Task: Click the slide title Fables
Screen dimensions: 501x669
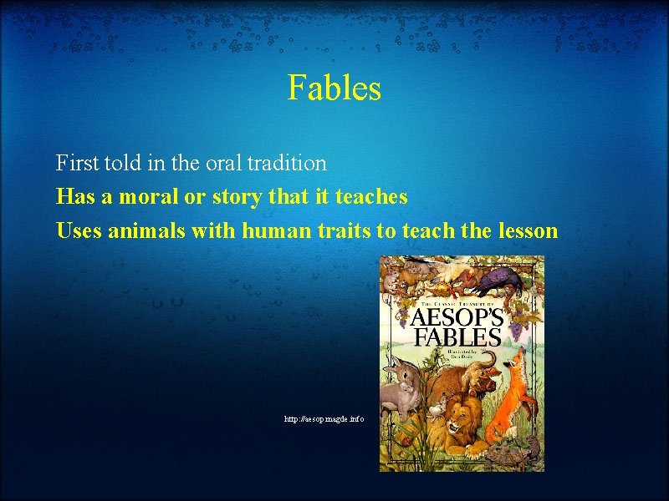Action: coord(334,87)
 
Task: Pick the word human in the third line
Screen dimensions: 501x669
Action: coord(277,230)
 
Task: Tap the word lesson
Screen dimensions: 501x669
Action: coord(526,230)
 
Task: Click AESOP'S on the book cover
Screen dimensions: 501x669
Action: coord(456,318)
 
